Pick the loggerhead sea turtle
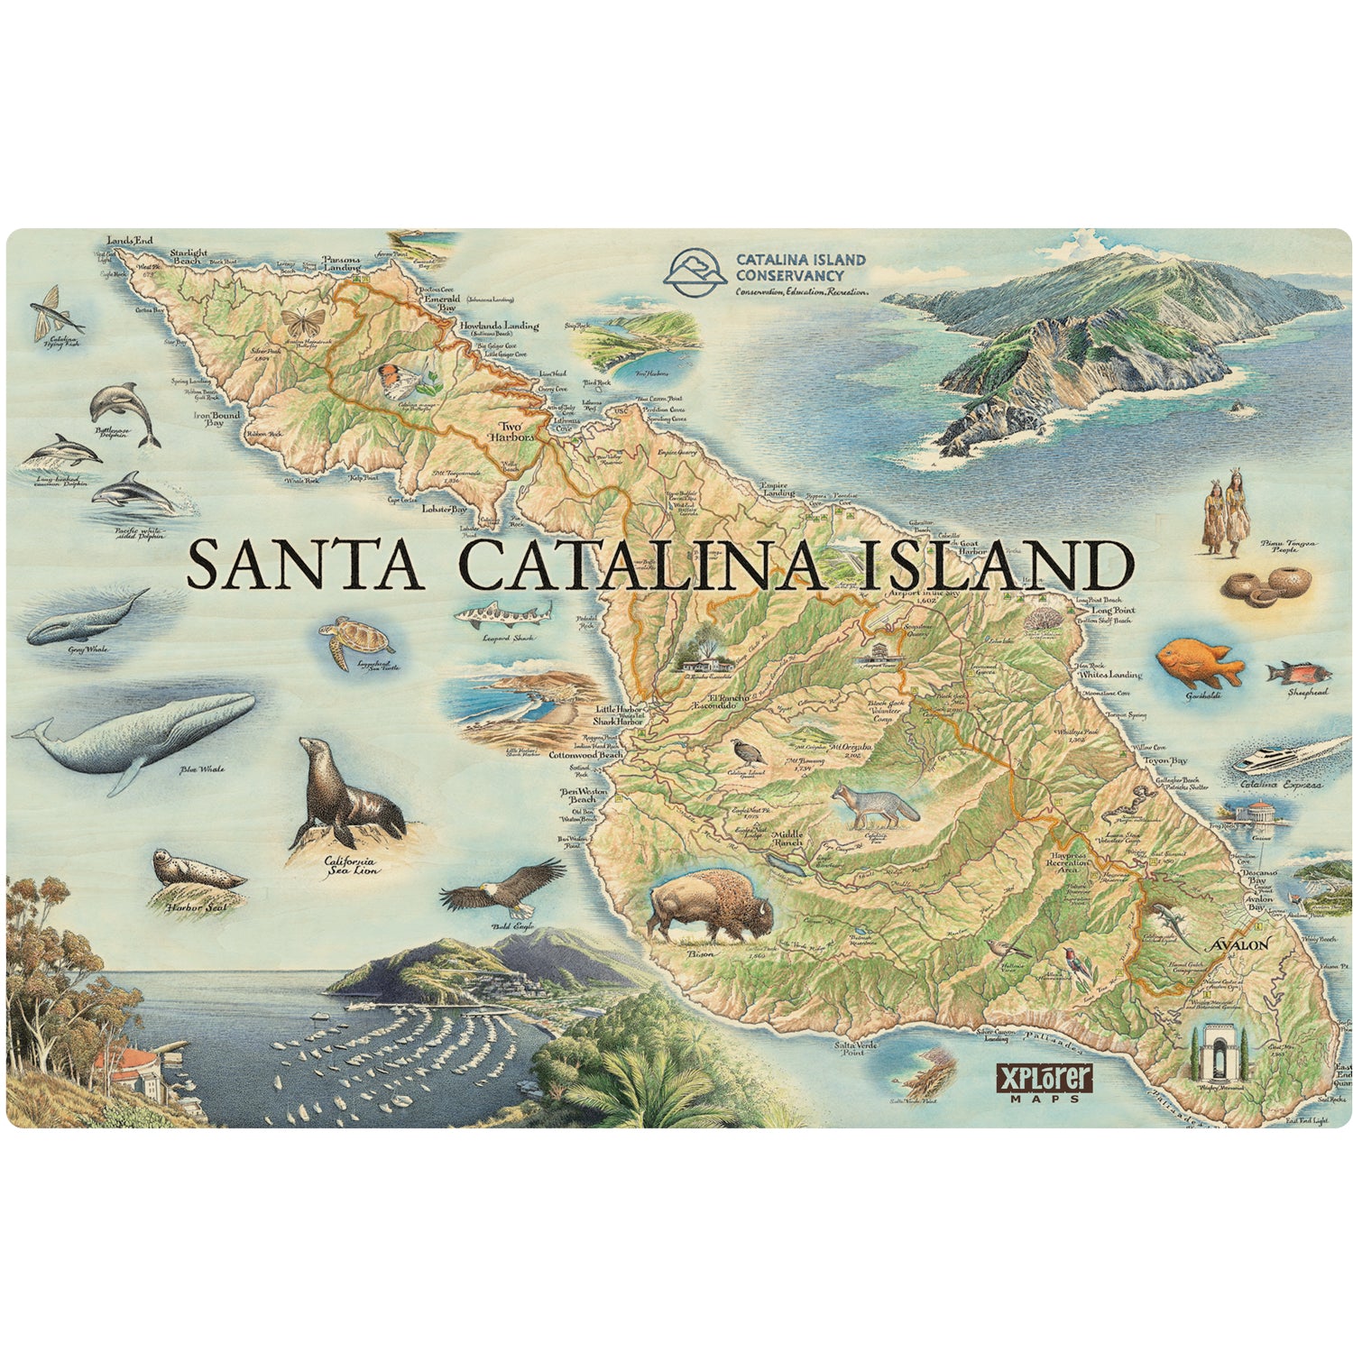356,640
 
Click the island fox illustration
870,805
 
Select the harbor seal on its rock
194,871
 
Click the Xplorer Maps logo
1045,1081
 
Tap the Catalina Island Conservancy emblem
694,273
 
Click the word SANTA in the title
304,566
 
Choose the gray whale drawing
86,619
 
